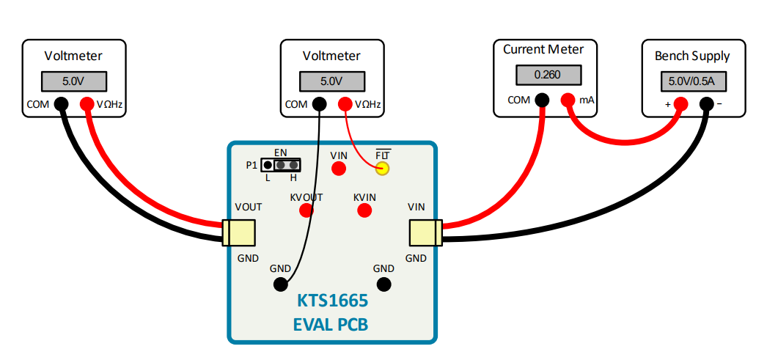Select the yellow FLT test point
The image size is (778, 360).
(382, 169)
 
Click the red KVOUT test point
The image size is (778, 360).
(307, 211)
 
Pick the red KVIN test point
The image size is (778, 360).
(364, 211)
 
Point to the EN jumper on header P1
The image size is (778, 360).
(287, 165)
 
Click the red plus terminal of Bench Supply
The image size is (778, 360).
(680, 104)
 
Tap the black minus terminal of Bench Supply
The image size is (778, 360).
(706, 104)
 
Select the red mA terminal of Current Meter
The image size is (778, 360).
(568, 100)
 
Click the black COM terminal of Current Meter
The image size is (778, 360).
(542, 100)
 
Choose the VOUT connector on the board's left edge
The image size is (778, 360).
(238, 233)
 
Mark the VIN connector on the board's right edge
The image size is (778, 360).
(425, 233)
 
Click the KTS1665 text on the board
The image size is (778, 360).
(332, 301)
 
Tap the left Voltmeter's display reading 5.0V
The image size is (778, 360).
(74, 80)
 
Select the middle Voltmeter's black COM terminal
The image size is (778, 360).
(319, 104)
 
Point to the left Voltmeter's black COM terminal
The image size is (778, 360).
(61, 104)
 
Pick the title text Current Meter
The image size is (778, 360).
(543, 50)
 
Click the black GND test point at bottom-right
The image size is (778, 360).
(384, 284)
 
